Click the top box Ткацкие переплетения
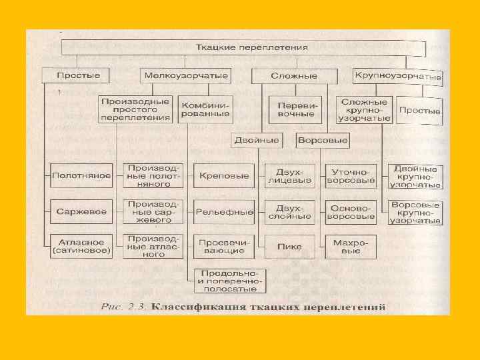(243, 48)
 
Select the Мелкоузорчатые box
(185, 75)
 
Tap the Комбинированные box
(204, 108)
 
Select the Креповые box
(224, 176)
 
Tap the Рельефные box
(224, 211)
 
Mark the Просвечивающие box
(224, 246)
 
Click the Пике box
(290, 246)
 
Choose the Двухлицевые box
(290, 176)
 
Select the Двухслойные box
(290, 211)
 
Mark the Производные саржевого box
(153, 211)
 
